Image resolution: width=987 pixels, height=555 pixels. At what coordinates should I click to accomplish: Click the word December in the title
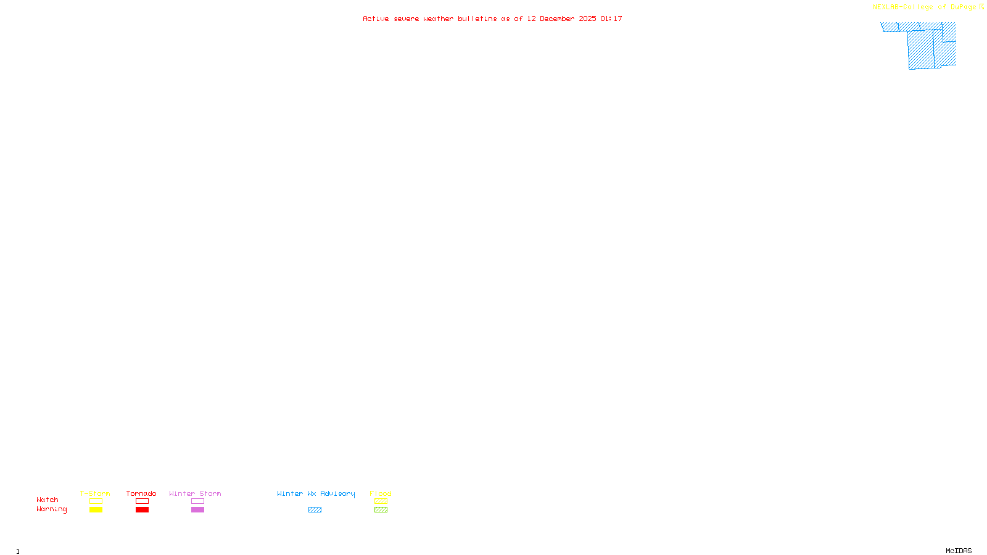557,18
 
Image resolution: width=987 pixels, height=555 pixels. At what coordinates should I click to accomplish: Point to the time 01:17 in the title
611,18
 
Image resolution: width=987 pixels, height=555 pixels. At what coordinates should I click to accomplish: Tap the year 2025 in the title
587,18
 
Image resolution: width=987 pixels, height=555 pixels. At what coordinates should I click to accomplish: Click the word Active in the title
376,18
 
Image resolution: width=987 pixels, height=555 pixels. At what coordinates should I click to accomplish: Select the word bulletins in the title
477,18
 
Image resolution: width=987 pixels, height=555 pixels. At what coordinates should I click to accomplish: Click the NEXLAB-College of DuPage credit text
924,7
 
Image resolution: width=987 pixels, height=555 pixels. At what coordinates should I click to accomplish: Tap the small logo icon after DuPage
981,7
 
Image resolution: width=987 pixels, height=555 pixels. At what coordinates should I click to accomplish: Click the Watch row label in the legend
47,499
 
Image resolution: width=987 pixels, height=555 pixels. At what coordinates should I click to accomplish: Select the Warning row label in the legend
51,509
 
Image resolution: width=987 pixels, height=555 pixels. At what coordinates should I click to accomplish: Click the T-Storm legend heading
95,493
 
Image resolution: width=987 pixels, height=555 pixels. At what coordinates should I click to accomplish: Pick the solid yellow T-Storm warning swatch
96,510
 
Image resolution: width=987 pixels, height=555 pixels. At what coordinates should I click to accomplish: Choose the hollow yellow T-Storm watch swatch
96,501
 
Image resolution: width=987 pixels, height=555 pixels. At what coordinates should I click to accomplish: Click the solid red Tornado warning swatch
142,510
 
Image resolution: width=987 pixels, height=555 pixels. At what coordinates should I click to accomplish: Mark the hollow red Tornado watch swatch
142,501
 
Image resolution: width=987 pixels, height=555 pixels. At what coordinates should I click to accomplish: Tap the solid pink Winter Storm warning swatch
197,510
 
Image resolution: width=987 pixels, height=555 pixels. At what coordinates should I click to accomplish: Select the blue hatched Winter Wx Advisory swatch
315,510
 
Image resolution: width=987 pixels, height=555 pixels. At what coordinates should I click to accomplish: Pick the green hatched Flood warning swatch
381,510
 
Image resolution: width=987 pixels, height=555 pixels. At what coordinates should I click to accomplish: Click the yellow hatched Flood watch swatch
381,501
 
